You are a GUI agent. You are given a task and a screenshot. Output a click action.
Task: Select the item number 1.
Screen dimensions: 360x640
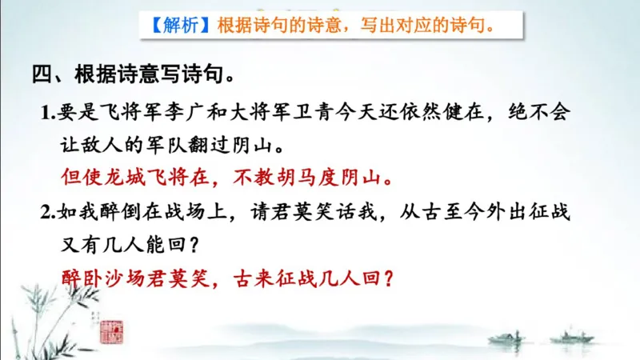pyautogui.click(x=46, y=113)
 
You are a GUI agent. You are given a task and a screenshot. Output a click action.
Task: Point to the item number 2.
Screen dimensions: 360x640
pyautogui.click(x=46, y=212)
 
